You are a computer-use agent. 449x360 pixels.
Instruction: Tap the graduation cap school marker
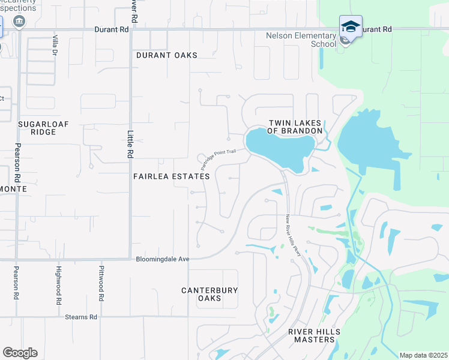point(351,27)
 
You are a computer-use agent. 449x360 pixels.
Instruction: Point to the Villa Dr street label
point(55,45)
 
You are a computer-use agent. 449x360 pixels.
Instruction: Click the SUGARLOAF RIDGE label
point(43,127)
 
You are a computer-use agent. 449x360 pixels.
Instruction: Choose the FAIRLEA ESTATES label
point(172,176)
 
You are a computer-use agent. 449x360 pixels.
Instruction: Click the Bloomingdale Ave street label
point(163,259)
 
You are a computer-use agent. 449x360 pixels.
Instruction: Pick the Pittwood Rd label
point(102,283)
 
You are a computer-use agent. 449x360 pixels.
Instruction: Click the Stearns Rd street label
point(81,317)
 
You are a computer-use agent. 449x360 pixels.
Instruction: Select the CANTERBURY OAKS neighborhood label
point(209,294)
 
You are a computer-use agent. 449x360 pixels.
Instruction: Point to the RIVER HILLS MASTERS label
point(314,335)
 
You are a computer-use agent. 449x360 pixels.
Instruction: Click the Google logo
point(20,353)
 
